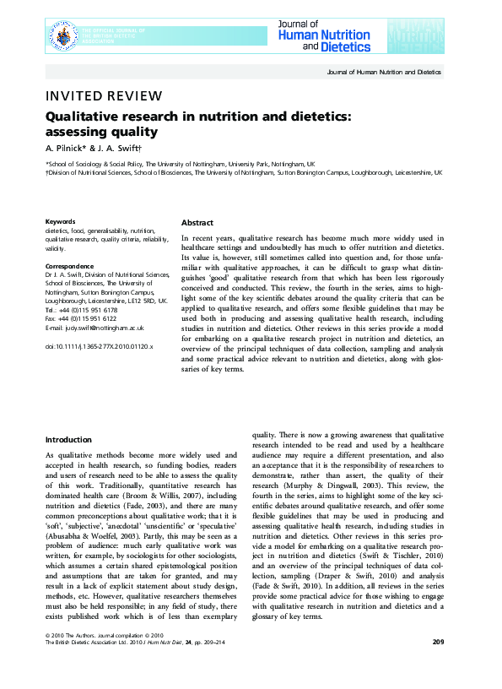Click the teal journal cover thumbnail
pyautogui.click(x=415, y=37)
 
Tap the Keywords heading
pyautogui.click(x=60, y=221)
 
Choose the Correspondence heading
pyautogui.click(x=69, y=266)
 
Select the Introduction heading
pyautogui.click(x=68, y=440)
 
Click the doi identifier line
pyautogui.click(x=99, y=346)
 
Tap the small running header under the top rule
pyautogui.click(x=383, y=73)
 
